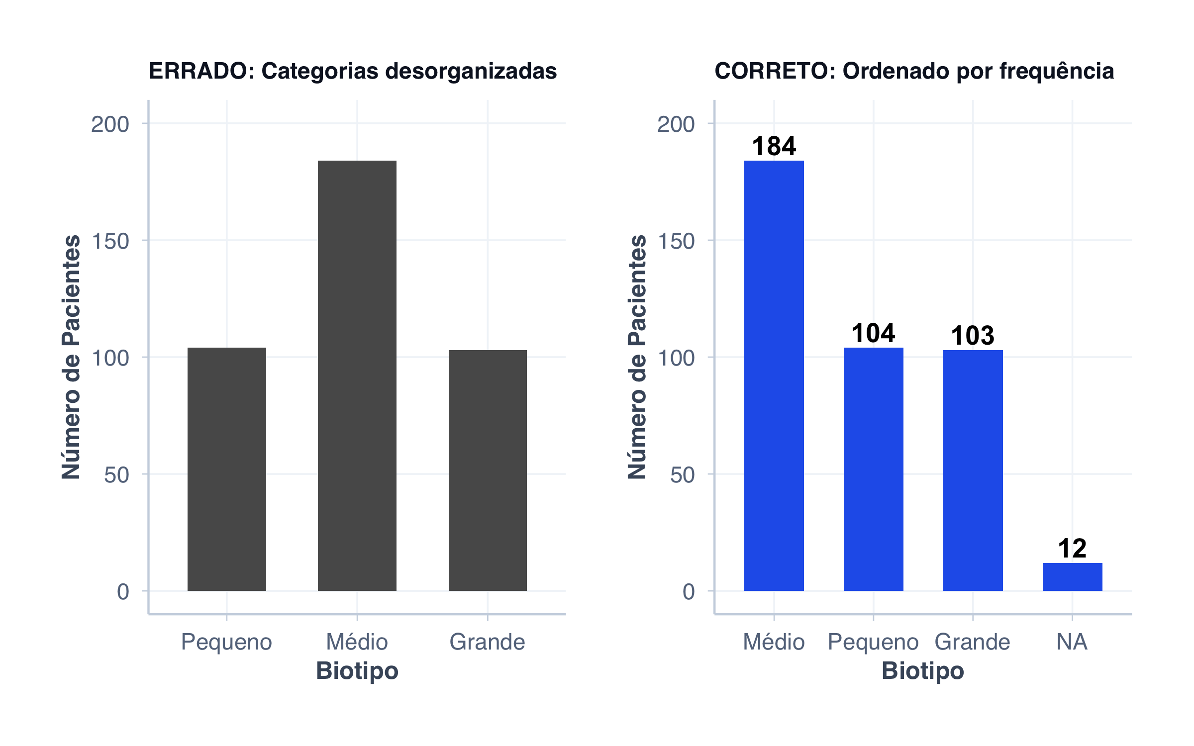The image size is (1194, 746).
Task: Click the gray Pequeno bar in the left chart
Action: [227, 469]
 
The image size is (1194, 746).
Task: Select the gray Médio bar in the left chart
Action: [357, 375]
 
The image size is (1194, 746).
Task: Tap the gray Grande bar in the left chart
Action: [488, 470]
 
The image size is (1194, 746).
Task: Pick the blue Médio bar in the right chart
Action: [774, 375]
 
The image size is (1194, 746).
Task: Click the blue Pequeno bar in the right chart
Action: [873, 469]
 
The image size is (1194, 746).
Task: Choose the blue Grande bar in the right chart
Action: [973, 470]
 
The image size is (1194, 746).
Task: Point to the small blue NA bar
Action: [1072, 577]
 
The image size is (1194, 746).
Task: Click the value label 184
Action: [774, 146]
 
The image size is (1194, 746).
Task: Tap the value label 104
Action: [873, 333]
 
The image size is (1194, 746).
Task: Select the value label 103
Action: [973, 336]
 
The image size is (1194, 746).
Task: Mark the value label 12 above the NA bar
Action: [1072, 549]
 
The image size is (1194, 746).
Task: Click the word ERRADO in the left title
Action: [201, 71]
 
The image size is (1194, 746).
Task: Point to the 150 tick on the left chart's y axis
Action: [110, 241]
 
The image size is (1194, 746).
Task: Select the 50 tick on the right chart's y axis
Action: [682, 475]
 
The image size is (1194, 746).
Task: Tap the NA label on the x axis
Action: [1072, 642]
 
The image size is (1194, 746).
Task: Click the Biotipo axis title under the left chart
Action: [357, 671]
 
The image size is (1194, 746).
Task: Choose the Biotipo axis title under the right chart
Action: [923, 671]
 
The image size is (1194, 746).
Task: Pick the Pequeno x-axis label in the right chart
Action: [873, 642]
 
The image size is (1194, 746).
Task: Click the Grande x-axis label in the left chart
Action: [488, 642]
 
